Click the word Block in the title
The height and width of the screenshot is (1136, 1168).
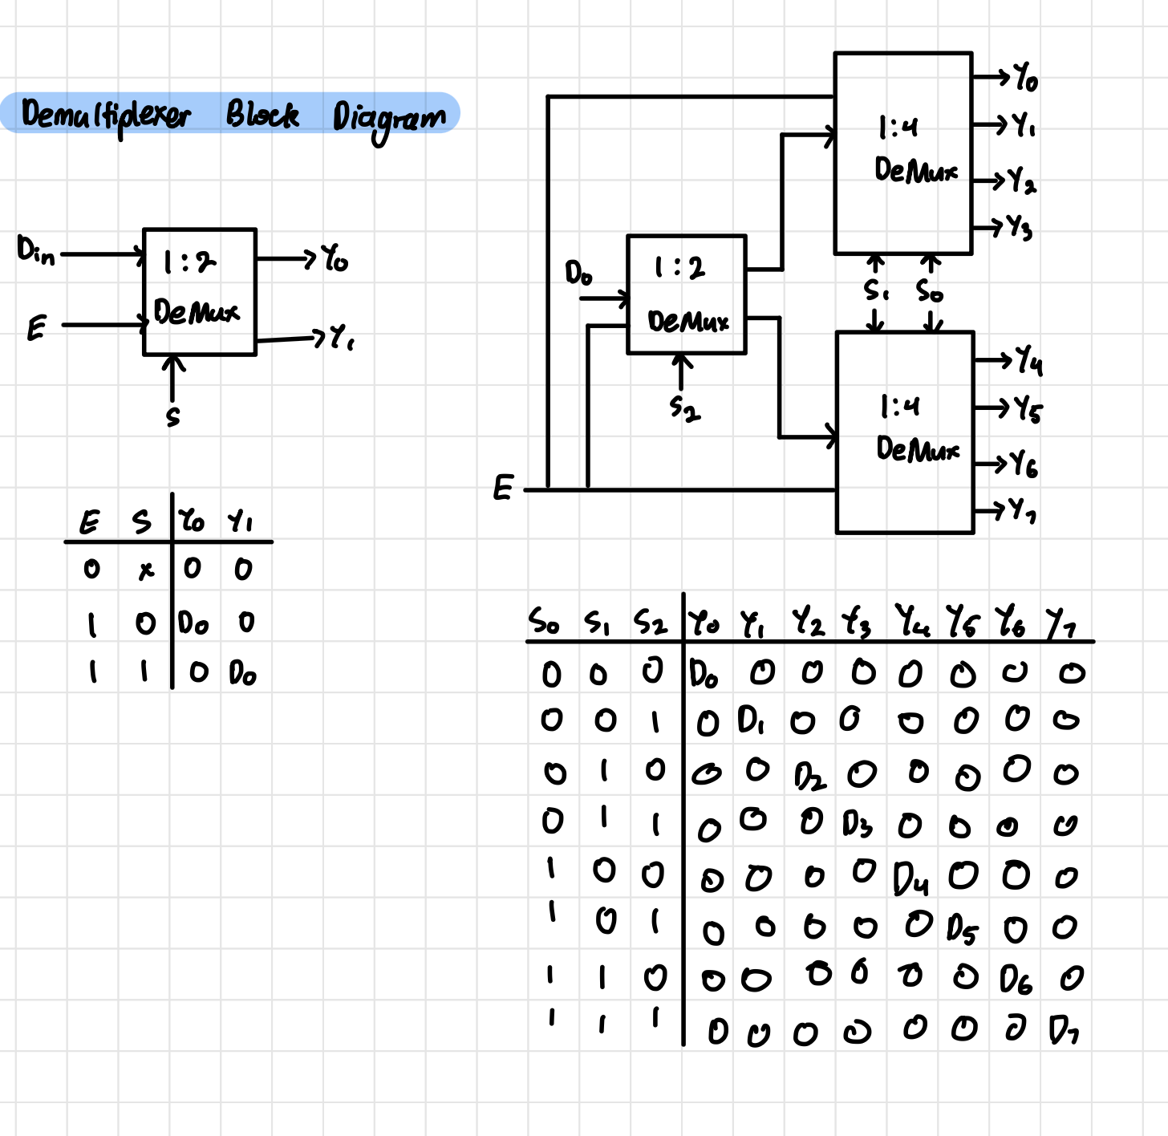[262, 115]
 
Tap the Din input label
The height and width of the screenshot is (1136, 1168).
[36, 251]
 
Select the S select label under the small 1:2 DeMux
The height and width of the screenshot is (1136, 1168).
[172, 417]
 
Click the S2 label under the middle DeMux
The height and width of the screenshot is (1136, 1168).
[685, 409]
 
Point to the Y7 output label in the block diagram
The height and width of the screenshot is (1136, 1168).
[1022, 509]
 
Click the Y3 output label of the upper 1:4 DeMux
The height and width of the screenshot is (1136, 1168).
[1020, 228]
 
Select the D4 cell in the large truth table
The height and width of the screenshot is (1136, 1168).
[911, 879]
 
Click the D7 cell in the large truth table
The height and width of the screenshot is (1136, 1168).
[1064, 1030]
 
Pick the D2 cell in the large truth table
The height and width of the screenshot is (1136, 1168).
[809, 777]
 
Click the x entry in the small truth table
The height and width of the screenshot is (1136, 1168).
[145, 570]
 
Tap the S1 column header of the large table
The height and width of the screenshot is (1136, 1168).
[597, 622]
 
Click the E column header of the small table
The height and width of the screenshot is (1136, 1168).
[89, 523]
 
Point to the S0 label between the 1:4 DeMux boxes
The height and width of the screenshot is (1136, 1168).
[930, 291]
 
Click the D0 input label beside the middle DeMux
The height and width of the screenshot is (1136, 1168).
[578, 274]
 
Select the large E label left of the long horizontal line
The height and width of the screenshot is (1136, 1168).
[503, 488]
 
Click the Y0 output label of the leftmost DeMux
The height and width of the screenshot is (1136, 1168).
[335, 258]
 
